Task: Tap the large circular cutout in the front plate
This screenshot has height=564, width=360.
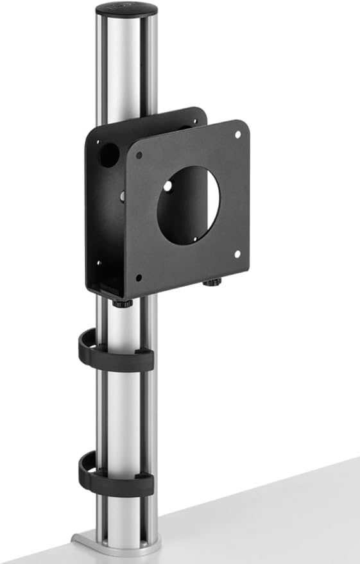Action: point(189,205)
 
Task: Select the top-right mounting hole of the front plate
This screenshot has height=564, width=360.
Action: point(237,135)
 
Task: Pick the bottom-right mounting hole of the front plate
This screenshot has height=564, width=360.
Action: point(237,254)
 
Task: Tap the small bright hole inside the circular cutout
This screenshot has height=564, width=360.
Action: point(167,185)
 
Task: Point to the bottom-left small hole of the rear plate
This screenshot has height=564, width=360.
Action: point(98,262)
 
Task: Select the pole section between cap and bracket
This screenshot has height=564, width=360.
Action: point(125,71)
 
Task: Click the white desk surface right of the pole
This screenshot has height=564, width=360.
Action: point(270,513)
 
